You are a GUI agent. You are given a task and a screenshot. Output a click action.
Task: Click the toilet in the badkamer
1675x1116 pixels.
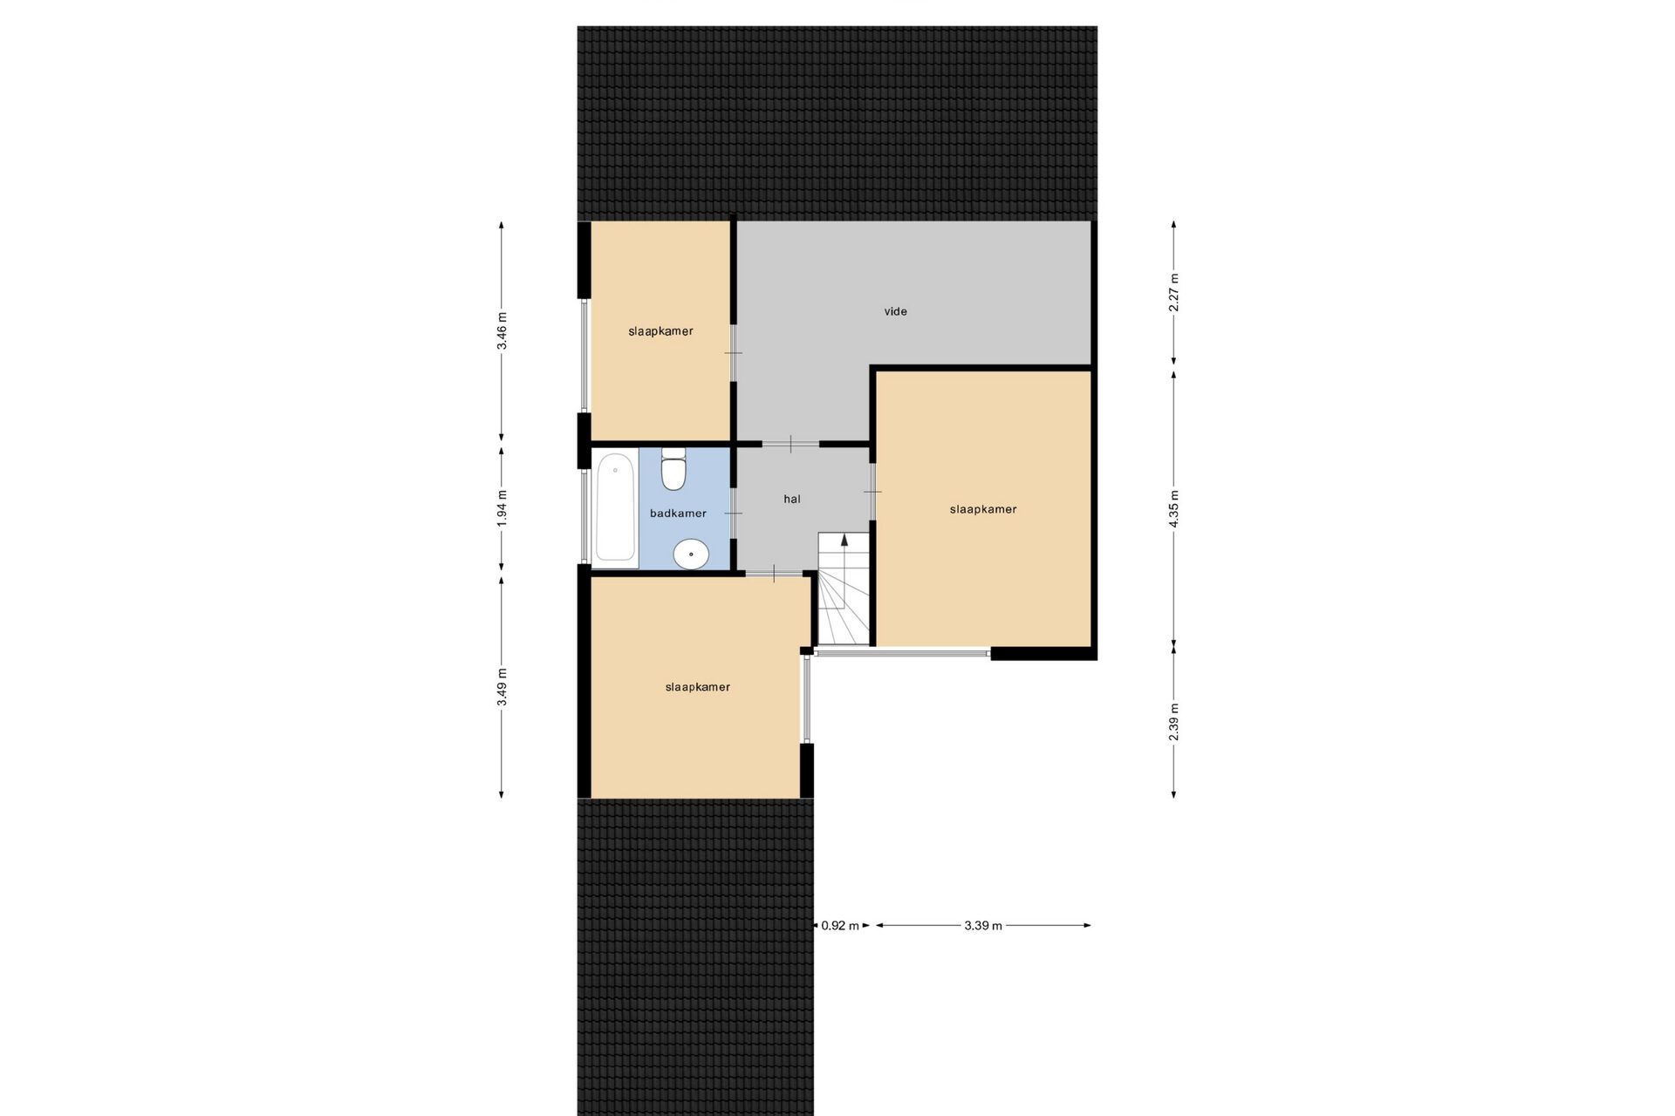pos(673,469)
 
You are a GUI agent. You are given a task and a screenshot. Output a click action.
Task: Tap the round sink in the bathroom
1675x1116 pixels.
pos(692,554)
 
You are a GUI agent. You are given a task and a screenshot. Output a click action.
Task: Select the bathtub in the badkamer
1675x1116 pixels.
pos(615,507)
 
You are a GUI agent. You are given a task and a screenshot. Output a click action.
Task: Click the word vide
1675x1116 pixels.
pos(896,311)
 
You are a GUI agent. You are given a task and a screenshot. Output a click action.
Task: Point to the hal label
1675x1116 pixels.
pos(792,500)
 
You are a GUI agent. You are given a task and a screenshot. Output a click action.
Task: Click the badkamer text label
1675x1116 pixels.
pos(678,514)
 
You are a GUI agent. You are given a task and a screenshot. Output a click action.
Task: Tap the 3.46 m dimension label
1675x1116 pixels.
pos(502,331)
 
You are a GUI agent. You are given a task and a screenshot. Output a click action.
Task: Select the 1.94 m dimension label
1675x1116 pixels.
pos(502,509)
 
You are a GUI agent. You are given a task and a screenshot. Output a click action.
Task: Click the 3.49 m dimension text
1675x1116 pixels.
pos(502,687)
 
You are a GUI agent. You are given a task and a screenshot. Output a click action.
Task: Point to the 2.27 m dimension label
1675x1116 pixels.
pos(1174,292)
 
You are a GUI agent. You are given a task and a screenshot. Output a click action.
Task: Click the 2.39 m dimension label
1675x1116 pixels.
pos(1174,722)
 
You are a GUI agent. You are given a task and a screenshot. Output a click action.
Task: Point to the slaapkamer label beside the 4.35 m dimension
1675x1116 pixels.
pos(983,509)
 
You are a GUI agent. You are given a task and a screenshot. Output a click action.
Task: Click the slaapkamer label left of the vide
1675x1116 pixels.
pos(660,331)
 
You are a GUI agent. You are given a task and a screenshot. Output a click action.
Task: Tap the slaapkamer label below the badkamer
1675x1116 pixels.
pos(697,687)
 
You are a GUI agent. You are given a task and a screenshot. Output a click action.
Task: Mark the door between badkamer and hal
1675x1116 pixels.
pos(734,514)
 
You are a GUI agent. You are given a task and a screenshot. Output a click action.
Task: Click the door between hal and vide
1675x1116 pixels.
pos(790,444)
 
